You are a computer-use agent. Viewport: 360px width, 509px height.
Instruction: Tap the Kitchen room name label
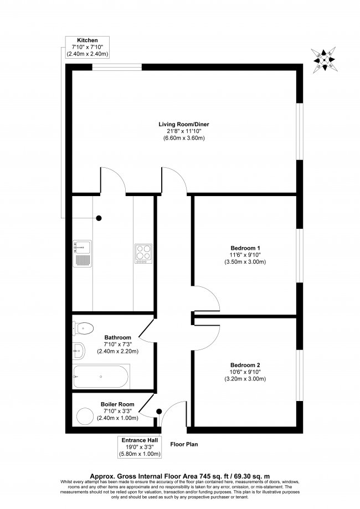(88, 40)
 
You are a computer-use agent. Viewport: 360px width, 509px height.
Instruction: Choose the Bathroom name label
(117, 337)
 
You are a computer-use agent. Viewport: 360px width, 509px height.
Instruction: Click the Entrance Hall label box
(140, 447)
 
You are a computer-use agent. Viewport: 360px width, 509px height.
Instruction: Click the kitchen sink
(81, 254)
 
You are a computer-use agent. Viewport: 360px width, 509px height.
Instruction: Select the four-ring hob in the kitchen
(143, 254)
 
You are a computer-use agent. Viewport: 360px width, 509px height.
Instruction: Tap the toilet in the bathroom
(83, 328)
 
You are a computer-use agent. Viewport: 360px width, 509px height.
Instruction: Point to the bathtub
(102, 377)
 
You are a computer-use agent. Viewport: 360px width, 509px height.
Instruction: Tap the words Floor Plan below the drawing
(184, 444)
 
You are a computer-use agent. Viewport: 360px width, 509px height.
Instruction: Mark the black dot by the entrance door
(160, 412)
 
